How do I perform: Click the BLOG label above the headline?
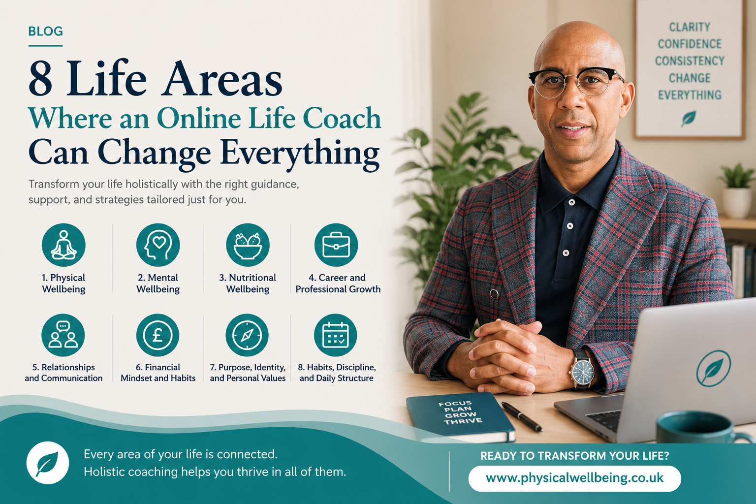(x=46, y=31)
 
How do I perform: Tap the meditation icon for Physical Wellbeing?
(x=63, y=245)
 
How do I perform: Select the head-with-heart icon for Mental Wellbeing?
(x=158, y=245)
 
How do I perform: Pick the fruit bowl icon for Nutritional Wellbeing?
(x=248, y=245)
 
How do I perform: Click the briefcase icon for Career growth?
(x=336, y=245)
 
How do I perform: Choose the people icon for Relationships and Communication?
(x=63, y=335)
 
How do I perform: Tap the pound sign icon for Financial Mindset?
(x=157, y=335)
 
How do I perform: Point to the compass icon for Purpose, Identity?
(x=247, y=335)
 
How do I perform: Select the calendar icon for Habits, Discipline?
(x=336, y=335)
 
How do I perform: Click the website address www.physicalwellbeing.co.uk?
(x=574, y=478)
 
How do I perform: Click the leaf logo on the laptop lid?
(x=714, y=368)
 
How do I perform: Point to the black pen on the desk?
(x=522, y=416)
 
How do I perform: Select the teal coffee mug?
(x=702, y=427)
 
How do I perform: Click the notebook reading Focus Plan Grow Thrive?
(x=461, y=416)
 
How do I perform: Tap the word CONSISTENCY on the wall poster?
(x=690, y=61)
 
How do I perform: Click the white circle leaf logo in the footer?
(x=48, y=463)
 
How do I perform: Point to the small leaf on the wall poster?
(x=688, y=119)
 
